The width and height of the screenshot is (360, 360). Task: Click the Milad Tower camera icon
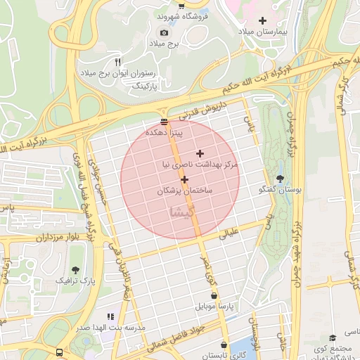(165, 32)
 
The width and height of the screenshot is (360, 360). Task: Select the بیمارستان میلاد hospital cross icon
(263, 21)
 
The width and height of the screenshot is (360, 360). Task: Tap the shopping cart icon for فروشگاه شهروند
(181, 5)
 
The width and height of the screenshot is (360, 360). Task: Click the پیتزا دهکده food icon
(164, 122)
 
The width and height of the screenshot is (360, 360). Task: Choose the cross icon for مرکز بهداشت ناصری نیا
(200, 153)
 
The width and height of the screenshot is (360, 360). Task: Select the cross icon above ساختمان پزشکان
(185, 179)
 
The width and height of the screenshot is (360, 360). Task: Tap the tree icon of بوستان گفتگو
(281, 179)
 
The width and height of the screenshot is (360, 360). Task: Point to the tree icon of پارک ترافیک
(75, 269)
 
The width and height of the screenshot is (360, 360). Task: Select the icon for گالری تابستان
(224, 345)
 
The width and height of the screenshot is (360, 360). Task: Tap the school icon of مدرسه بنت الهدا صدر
(110, 317)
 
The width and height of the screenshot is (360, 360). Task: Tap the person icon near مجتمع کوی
(332, 339)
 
